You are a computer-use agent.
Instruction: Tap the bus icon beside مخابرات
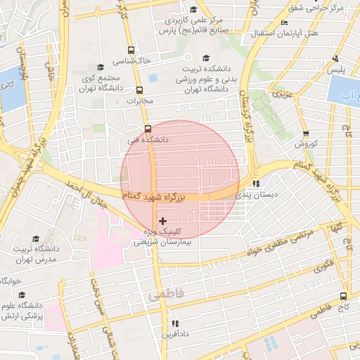pyautogui.click(x=139, y=90)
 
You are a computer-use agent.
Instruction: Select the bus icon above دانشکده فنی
pyautogui.click(x=148, y=129)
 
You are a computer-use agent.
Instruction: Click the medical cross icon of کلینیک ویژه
pyautogui.click(x=164, y=221)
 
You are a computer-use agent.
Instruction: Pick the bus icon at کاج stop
pyautogui.click(x=343, y=296)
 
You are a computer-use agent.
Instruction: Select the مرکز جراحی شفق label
pyautogui.click(x=316, y=8)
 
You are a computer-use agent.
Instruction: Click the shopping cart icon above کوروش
pyautogui.click(x=306, y=134)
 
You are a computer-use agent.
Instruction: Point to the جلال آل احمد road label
pyautogui.click(x=84, y=198)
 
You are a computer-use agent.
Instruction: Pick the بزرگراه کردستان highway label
pyautogui.click(x=247, y=117)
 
